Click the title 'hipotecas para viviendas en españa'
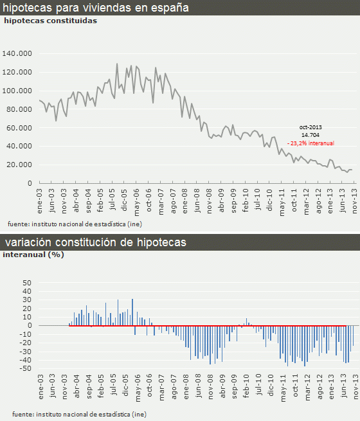pyautogui.click(x=97, y=8)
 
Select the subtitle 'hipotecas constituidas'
pyautogui.click(x=51, y=21)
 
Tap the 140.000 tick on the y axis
pyautogui.click(x=17, y=53)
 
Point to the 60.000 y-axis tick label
pyautogui.click(x=19, y=128)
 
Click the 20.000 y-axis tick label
pyautogui.click(x=19, y=165)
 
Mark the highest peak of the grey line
pyautogui.click(x=116, y=64)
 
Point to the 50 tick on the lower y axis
pyautogui.click(x=26, y=282)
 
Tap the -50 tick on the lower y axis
pyautogui.click(x=25, y=368)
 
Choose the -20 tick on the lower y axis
pyautogui.click(x=25, y=343)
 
